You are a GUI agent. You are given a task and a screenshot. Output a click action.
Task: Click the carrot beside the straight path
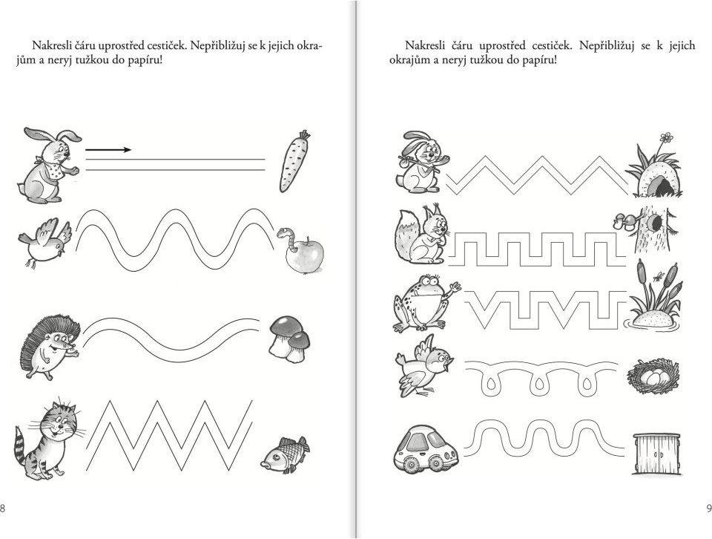click(294, 161)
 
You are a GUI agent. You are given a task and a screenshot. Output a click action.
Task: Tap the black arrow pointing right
click(108, 149)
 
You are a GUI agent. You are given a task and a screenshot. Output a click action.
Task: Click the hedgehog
click(50, 346)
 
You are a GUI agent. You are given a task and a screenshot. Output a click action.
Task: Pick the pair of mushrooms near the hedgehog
click(290, 339)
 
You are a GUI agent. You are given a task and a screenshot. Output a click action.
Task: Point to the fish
click(285, 455)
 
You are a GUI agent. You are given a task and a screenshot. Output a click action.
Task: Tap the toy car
click(426, 448)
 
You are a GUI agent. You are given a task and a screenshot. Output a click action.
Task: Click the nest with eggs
click(653, 376)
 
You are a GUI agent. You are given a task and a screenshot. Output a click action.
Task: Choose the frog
click(426, 303)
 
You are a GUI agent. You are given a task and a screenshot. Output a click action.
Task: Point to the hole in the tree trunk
click(655, 222)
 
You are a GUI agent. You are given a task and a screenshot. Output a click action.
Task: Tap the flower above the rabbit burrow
click(666, 137)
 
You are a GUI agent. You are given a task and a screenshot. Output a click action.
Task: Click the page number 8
click(3, 508)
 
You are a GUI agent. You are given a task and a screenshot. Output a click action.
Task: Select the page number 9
click(709, 508)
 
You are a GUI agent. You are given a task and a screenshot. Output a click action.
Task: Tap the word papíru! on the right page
click(539, 60)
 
